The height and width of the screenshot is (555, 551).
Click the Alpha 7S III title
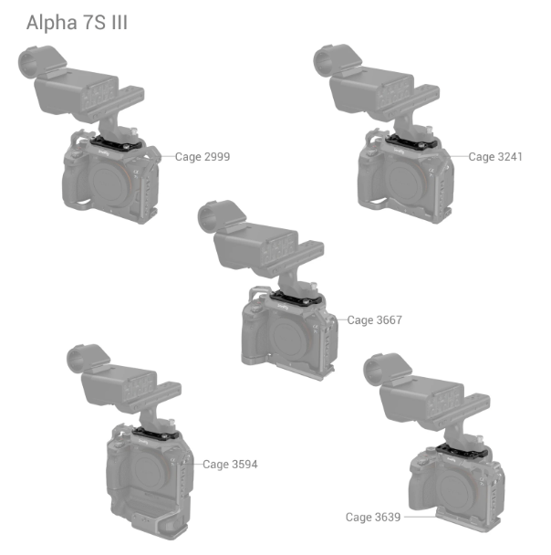(x=77, y=23)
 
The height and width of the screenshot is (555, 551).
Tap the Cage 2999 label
(x=203, y=157)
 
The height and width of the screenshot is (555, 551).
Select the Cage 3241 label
(x=495, y=157)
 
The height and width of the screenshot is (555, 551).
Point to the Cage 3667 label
(x=375, y=320)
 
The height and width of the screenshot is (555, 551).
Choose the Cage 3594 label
(x=230, y=465)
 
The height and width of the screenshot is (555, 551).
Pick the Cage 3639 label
(x=373, y=518)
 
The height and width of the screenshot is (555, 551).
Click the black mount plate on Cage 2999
(x=117, y=143)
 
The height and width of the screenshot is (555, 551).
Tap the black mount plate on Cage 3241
(x=411, y=142)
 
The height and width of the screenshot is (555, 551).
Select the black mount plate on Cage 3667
(x=296, y=298)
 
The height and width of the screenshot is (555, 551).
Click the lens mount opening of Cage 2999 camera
(x=110, y=182)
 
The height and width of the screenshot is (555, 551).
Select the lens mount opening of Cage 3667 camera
(x=290, y=336)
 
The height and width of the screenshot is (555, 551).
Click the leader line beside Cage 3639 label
(x=421, y=517)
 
